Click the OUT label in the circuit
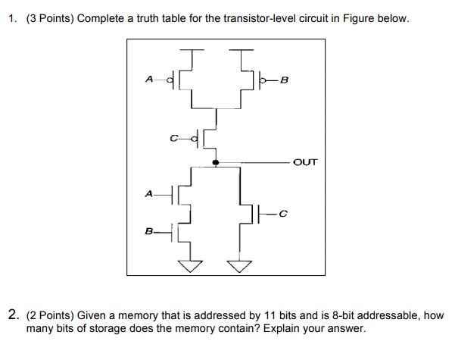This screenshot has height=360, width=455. tap(304, 162)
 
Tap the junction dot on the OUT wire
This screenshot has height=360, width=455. tap(217, 162)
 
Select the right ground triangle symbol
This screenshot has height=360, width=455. tap(241, 265)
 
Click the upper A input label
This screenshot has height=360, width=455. tap(148, 78)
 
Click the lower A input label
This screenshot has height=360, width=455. tap(148, 194)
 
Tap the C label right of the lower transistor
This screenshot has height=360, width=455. tap(282, 214)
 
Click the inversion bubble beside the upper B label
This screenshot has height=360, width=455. tap(263, 79)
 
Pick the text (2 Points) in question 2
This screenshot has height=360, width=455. tap(52, 315)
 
